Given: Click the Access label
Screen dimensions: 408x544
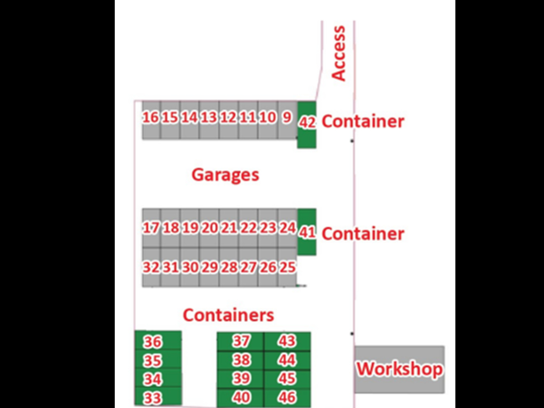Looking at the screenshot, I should point(338,53).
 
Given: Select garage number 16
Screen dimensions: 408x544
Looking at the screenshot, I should point(151,118).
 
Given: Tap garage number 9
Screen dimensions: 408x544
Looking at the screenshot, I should point(287,118).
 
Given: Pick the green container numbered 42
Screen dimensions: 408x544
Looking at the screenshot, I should point(307,123).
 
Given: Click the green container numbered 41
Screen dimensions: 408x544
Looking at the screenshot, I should point(307,233).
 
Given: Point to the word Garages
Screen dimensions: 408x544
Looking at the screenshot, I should point(225,175).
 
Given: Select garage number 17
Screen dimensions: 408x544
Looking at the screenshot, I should point(151,228).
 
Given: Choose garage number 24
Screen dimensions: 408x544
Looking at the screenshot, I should point(287,228).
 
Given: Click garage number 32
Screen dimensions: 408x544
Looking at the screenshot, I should point(151,267).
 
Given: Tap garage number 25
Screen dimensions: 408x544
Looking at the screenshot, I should point(287,267).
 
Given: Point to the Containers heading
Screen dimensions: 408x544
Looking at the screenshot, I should point(228,315).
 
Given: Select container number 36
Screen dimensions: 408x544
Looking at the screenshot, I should point(153,342).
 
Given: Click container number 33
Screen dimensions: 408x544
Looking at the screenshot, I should point(153,398).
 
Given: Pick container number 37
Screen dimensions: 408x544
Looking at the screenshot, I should point(241,341).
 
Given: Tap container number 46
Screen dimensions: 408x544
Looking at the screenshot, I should point(287,397).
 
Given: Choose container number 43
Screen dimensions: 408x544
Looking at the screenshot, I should point(287,341).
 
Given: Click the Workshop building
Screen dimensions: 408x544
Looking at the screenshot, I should point(399,369).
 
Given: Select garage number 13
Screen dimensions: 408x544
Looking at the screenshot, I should point(209,118).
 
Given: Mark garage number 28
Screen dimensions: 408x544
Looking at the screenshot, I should point(229,267).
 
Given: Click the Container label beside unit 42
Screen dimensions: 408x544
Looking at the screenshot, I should point(363,121).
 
